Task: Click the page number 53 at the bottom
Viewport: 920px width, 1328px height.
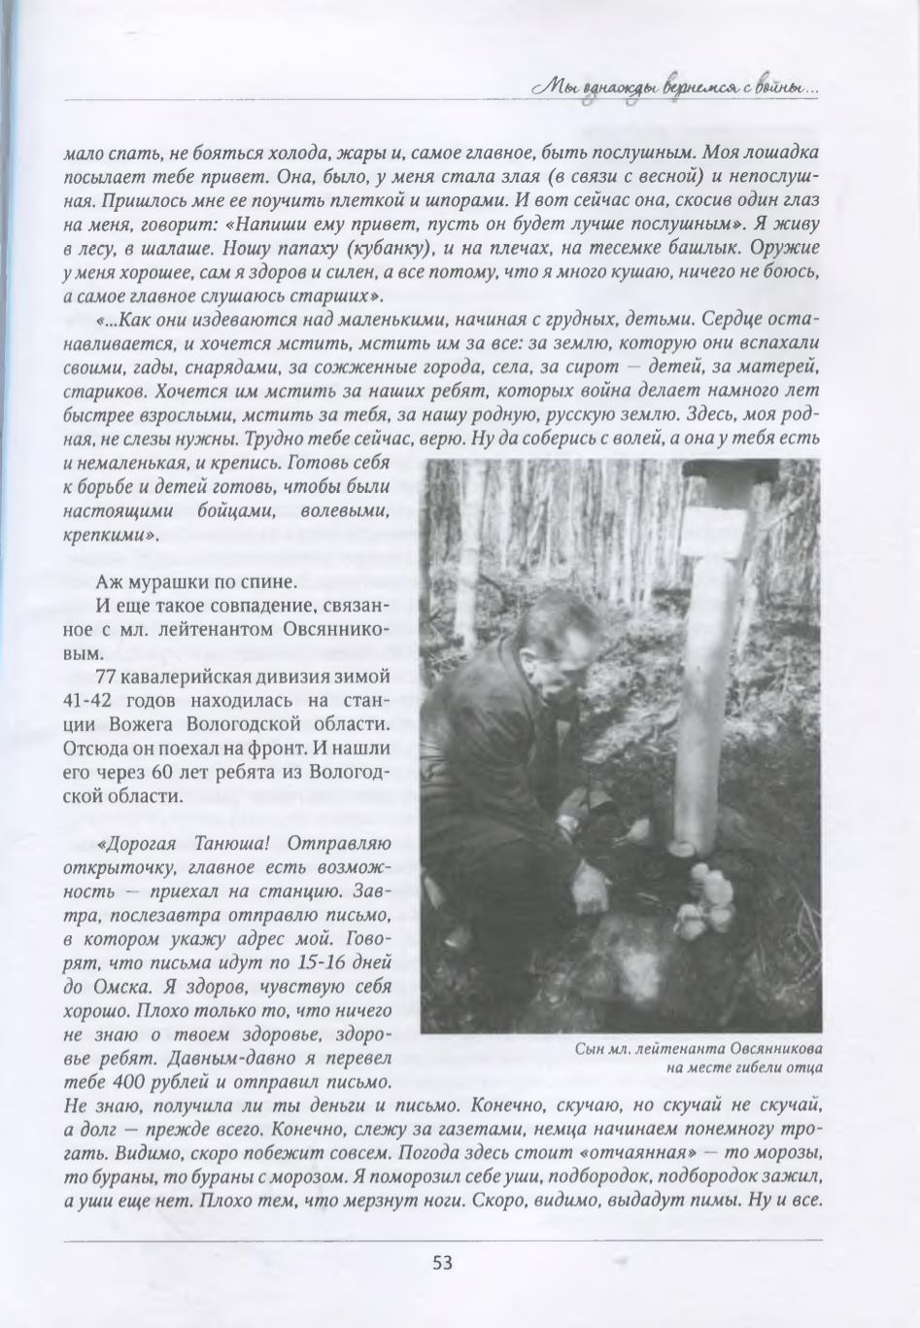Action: point(442,1263)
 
